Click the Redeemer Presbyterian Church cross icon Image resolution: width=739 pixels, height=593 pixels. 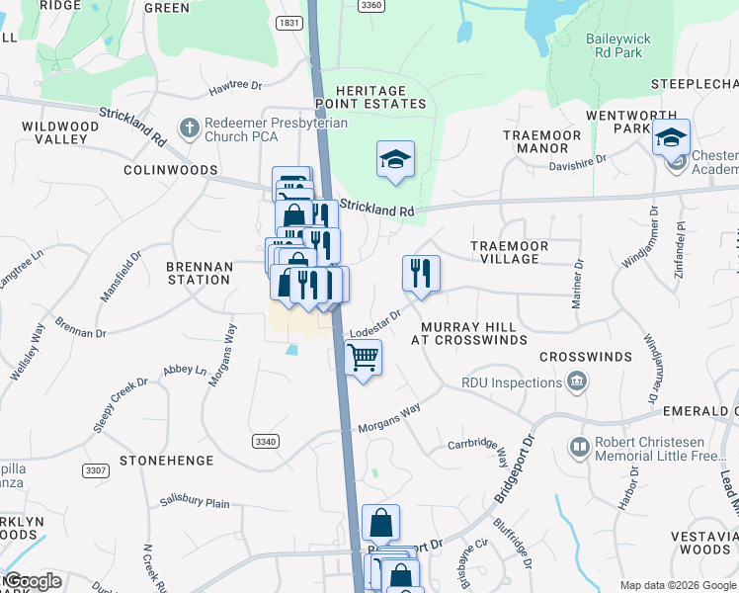[x=187, y=127]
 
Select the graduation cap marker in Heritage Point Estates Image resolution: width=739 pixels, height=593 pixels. [x=395, y=159]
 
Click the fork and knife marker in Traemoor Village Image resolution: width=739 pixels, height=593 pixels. [x=422, y=273]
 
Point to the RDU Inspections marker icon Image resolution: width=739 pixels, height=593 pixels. [x=577, y=381]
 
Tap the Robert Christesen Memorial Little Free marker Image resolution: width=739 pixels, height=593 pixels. [x=578, y=450]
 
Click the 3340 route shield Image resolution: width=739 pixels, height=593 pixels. [x=265, y=441]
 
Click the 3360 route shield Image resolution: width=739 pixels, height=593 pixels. [x=370, y=5]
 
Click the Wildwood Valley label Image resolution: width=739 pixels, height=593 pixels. [x=60, y=132]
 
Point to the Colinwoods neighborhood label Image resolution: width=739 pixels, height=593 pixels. [x=170, y=170]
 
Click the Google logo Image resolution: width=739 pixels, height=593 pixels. [x=33, y=581]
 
